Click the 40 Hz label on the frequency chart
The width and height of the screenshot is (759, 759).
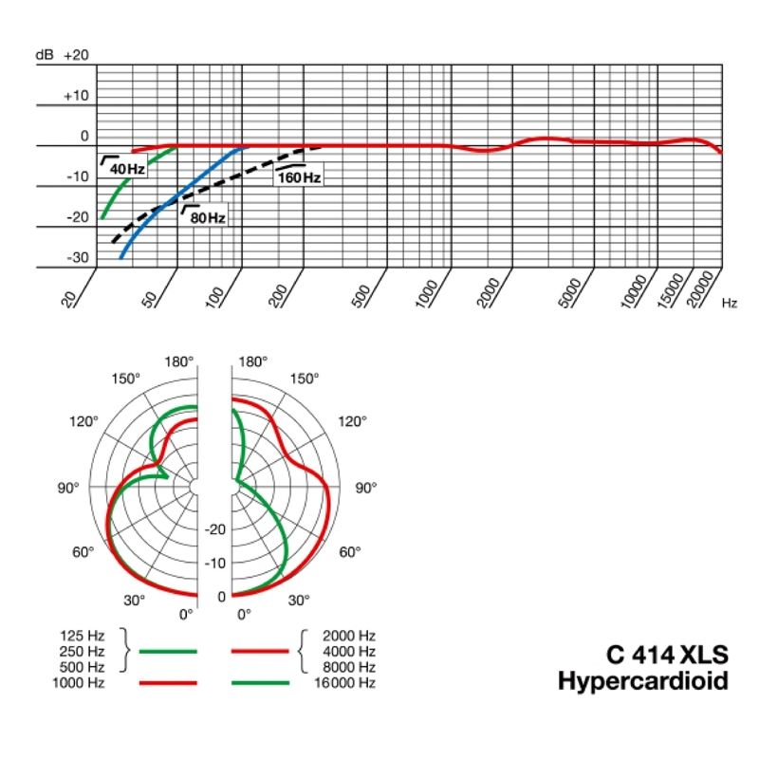pos(126,169)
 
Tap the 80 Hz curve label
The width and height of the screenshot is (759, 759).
pos(208,217)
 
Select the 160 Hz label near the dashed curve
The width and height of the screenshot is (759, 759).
pos(300,177)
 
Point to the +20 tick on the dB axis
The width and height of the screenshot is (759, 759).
pos(76,55)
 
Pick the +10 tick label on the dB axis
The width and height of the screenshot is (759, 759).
pos(76,96)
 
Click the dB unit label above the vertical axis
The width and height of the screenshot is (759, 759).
pos(45,55)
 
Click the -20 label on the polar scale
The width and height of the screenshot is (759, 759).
pos(216,529)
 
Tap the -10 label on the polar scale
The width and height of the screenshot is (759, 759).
pos(216,563)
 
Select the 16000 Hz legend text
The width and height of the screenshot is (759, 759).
pos(348,683)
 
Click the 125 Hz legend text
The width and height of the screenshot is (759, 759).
pos(82,635)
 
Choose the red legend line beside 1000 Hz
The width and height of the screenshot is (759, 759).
pos(167,683)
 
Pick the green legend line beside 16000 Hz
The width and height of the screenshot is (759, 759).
pos(259,683)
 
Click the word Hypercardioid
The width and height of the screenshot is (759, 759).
pos(643,681)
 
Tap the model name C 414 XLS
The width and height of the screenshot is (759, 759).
pos(668,657)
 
